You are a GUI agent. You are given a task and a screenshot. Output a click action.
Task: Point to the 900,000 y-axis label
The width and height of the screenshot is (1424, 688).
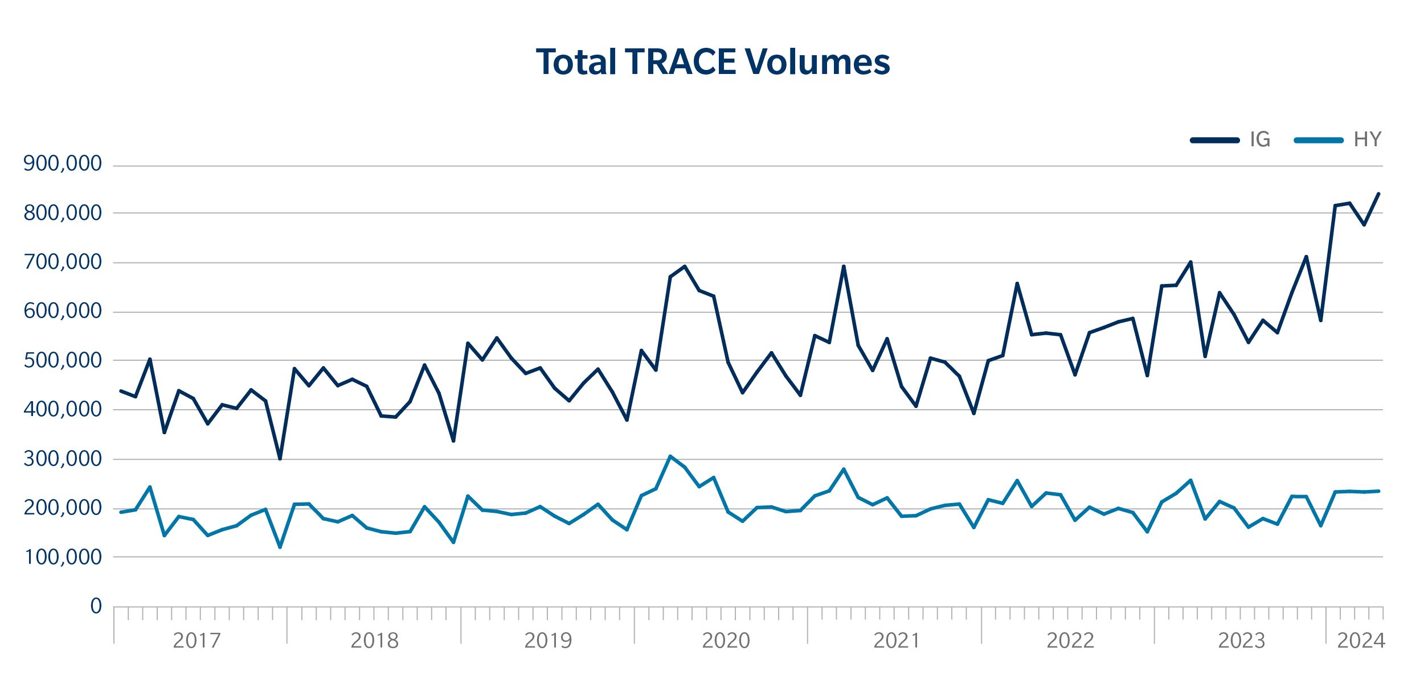[63, 164]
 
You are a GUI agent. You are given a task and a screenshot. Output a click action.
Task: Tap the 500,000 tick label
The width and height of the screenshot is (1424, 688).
[63, 360]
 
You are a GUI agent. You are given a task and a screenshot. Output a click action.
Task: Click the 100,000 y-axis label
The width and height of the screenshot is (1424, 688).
[63, 557]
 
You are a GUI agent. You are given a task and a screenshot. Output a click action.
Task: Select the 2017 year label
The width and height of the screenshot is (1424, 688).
[197, 641]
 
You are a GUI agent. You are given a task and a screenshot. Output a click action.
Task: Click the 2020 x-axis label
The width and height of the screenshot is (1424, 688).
[726, 641]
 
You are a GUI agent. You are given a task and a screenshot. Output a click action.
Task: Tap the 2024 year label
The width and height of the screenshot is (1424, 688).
[1361, 641]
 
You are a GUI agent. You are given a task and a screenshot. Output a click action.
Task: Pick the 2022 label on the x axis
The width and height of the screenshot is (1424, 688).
[1070, 641]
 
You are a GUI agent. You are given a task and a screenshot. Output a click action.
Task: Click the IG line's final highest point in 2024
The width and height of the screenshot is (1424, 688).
[1378, 194]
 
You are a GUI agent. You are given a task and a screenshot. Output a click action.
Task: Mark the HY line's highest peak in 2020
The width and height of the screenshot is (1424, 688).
[670, 456]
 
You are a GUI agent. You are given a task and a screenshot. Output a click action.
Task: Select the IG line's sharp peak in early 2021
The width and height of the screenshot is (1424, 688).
[844, 266]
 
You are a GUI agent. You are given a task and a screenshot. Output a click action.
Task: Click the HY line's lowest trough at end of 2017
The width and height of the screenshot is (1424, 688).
[280, 547]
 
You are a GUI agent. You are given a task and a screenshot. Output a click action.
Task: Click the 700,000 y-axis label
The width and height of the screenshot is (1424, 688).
[63, 262]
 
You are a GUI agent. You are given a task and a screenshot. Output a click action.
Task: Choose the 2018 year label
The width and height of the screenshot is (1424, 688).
[374, 641]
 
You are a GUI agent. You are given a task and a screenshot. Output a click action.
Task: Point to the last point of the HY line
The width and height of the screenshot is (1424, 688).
[1378, 491]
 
